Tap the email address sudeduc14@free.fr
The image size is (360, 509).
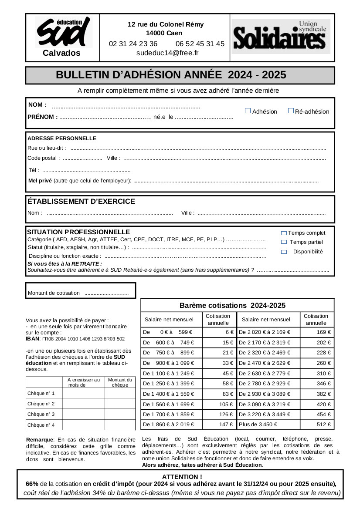click(x=167, y=53)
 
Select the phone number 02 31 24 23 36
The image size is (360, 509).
click(x=133, y=44)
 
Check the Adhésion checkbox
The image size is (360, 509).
click(x=248, y=111)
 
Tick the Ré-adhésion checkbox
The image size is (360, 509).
click(x=291, y=111)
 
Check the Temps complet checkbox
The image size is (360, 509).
click(x=284, y=233)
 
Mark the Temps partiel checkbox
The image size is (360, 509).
click(x=284, y=242)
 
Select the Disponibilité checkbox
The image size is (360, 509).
click(x=284, y=252)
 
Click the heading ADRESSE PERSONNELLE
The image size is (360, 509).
click(x=62, y=138)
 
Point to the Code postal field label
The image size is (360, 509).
click(x=42, y=158)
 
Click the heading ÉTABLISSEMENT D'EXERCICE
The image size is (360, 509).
click(x=82, y=202)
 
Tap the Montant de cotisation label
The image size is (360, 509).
click(x=54, y=293)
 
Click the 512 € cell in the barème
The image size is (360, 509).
click(x=324, y=424)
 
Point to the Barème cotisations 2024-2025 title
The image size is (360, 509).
click(x=232, y=305)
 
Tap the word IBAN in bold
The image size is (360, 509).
click(x=33, y=338)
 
